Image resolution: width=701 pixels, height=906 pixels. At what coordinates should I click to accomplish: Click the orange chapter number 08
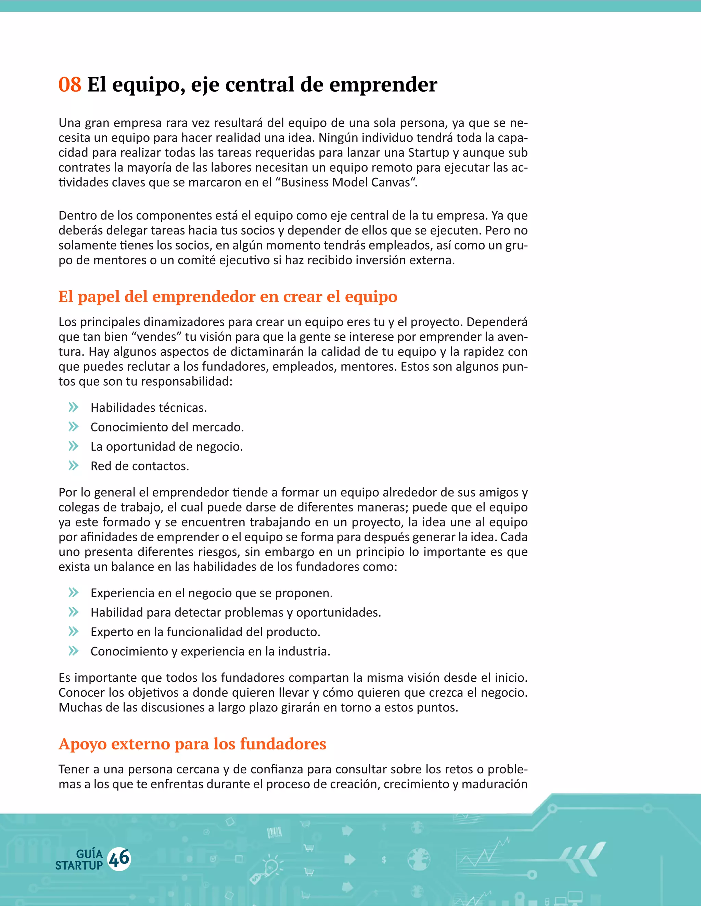[69, 85]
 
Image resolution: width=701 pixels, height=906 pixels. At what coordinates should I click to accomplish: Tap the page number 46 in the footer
[119, 859]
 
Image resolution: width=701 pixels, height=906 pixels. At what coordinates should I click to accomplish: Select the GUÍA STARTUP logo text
[79, 860]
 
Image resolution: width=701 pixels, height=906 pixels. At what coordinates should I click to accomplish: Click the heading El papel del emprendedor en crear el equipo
[228, 297]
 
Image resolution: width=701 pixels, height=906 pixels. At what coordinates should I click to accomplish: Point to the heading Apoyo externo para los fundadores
[192, 744]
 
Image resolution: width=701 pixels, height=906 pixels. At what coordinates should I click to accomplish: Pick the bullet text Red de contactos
[140, 466]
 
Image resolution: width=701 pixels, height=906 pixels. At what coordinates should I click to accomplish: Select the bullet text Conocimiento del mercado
[167, 427]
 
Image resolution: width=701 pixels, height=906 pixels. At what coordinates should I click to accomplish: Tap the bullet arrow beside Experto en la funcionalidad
[74, 631]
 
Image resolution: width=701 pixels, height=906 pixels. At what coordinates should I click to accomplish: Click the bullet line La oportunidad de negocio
[167, 447]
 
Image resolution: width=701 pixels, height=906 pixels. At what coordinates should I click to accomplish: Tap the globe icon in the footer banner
[419, 859]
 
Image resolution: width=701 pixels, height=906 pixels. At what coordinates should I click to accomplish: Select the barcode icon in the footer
[274, 832]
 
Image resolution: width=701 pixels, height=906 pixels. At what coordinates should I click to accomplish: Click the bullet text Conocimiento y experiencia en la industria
[210, 651]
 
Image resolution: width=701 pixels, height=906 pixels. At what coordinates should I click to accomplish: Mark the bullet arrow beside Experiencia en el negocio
[74, 592]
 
